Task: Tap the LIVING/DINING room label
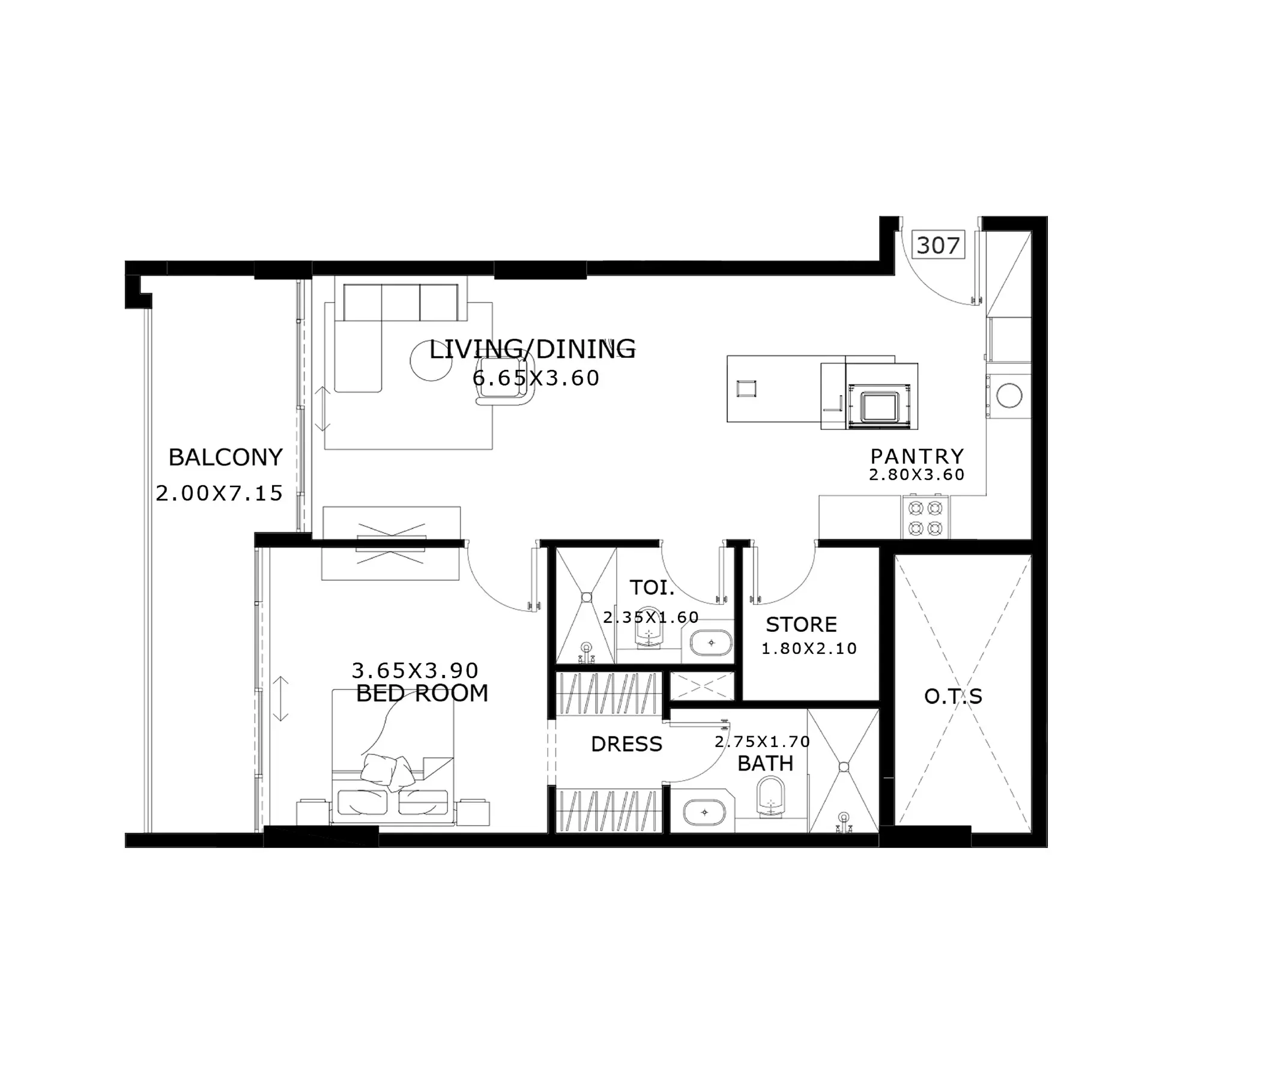click(533, 350)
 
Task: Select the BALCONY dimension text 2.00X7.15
click(219, 493)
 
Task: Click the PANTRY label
click(917, 456)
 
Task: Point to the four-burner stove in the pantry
click(926, 517)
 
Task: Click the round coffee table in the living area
click(431, 361)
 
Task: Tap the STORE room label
click(801, 625)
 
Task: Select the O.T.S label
click(953, 696)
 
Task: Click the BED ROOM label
click(422, 693)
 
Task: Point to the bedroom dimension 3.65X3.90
click(415, 671)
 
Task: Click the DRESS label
click(626, 744)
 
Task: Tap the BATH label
click(765, 763)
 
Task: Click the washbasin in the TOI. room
click(710, 643)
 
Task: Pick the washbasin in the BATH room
click(704, 812)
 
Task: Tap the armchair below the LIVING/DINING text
click(505, 391)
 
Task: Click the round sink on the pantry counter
click(1009, 395)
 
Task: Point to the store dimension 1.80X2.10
click(809, 649)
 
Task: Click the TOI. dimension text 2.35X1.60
click(650, 617)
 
